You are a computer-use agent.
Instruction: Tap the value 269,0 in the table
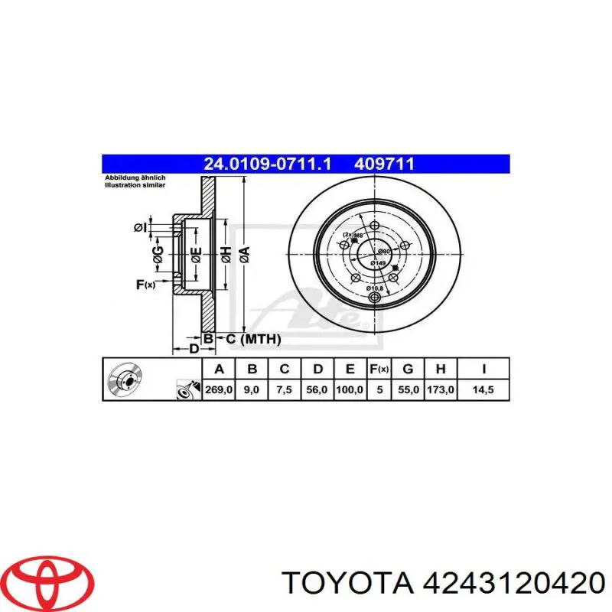click(x=219, y=390)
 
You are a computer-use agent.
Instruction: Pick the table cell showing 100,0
click(x=349, y=390)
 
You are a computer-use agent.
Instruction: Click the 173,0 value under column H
click(x=441, y=390)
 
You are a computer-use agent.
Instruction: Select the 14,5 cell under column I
click(x=483, y=390)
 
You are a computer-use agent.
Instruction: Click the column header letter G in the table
click(x=409, y=369)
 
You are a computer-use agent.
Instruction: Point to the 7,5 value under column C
click(x=284, y=390)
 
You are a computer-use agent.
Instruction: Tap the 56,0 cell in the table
click(x=317, y=390)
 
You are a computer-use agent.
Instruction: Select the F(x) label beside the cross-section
click(x=145, y=285)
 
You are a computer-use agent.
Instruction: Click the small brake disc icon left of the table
click(x=125, y=379)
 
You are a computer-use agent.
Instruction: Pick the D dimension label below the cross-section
click(x=194, y=348)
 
